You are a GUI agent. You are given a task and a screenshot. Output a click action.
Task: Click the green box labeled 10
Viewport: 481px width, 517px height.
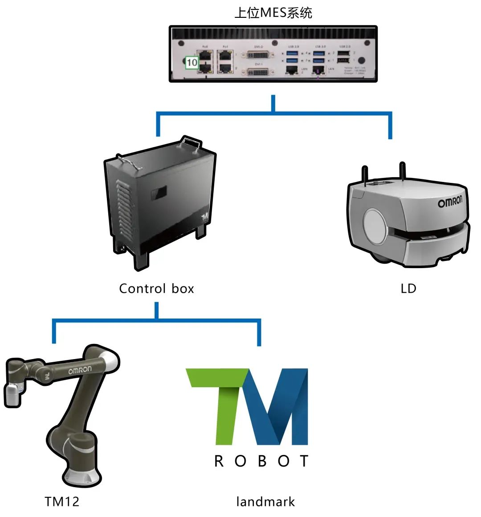coord(192,62)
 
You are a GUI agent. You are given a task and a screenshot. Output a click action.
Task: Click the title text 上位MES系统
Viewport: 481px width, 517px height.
coord(273,13)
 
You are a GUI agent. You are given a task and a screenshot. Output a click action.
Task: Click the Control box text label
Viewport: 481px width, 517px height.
coord(156,289)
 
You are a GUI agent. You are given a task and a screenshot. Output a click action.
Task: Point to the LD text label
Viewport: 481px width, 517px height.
coord(408,289)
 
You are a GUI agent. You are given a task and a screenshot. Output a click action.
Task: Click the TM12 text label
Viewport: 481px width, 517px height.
coord(62,501)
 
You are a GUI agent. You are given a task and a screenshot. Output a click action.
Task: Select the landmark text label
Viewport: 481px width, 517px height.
coord(265,502)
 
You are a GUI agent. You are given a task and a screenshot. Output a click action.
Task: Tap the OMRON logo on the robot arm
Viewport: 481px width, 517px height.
coord(80,370)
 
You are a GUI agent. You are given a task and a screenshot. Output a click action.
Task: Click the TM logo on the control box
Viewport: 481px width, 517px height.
coord(205,217)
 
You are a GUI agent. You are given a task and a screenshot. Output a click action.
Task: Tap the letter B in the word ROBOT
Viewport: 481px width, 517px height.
coord(262,461)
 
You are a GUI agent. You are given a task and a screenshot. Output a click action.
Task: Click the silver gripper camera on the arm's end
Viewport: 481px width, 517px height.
coord(12,394)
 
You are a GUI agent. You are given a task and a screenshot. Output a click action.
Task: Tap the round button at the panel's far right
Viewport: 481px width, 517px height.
coord(362,60)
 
